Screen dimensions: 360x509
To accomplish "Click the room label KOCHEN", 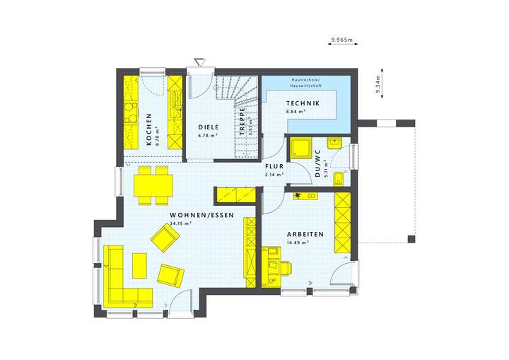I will coord(148,129).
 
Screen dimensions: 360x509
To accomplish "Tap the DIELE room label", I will coord(207,127).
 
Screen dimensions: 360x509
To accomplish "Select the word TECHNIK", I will coord(303,104).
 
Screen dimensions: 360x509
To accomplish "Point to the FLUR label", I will coord(274,167).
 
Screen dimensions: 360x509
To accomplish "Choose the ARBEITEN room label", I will coord(305,234).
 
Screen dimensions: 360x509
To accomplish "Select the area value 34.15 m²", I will coord(182,223).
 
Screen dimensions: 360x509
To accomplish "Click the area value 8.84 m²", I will coord(296,112).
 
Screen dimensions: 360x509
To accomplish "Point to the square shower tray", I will coord(301,149).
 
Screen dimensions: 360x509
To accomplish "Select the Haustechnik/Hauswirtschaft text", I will coord(306,83).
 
